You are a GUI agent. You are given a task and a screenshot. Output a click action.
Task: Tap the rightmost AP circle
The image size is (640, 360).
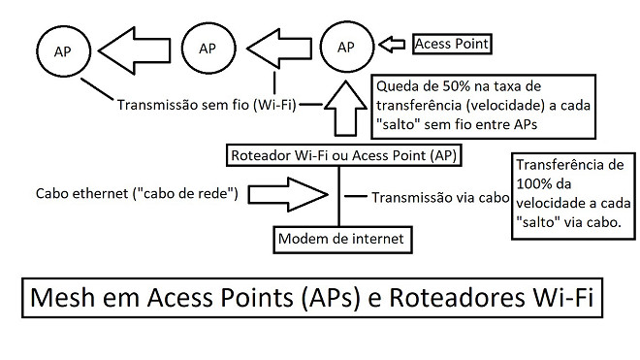[x=345, y=46]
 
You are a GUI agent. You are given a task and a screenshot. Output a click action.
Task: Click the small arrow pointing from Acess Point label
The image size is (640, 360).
[x=394, y=44]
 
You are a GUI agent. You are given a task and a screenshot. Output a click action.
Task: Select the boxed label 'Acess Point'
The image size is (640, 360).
[x=452, y=44]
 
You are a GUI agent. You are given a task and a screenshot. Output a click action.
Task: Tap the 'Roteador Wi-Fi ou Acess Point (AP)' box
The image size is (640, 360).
[x=344, y=155]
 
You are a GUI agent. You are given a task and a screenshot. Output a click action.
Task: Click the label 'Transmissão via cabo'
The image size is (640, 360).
[x=440, y=197]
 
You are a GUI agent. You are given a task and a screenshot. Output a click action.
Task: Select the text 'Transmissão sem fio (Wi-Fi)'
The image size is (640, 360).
[x=206, y=103]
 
